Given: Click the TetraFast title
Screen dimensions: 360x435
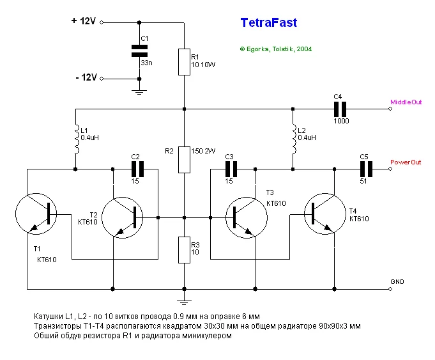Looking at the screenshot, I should (x=268, y=23).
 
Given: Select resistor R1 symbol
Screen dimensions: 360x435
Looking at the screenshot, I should (x=183, y=61).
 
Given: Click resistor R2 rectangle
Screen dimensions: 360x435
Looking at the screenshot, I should (x=183, y=159).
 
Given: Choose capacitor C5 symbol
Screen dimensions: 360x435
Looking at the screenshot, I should (x=365, y=169).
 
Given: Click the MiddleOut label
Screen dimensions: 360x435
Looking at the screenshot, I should (x=406, y=102).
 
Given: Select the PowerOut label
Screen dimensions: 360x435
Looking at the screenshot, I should (x=406, y=162).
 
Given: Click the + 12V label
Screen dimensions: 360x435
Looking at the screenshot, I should (x=83, y=21).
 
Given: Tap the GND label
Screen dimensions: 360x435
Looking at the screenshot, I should (x=397, y=281).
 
